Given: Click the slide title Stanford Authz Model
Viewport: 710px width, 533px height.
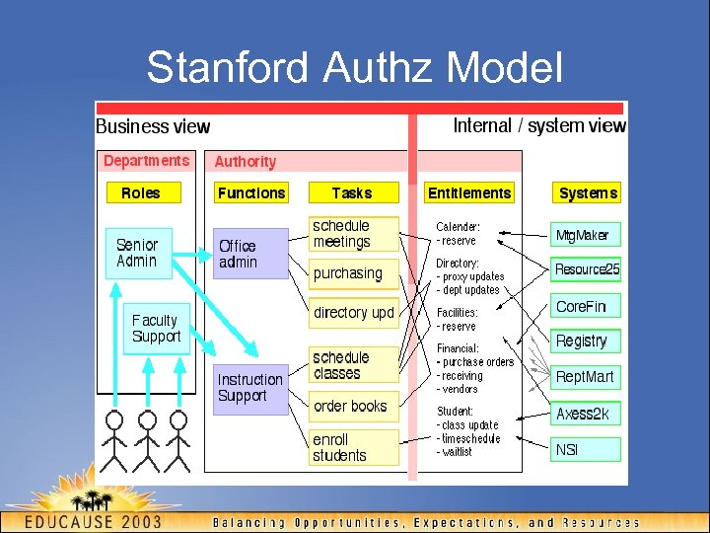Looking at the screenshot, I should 355,68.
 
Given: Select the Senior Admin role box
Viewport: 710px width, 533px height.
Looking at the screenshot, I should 138,253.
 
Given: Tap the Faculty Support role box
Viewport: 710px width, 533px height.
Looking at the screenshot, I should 156,328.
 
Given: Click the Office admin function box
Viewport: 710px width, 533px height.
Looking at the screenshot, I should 250,254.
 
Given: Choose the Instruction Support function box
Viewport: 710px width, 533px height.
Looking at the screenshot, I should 250,387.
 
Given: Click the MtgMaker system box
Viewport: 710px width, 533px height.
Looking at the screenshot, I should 586,235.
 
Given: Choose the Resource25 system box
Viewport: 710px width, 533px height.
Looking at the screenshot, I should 587,269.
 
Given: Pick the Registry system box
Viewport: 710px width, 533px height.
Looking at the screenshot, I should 586,341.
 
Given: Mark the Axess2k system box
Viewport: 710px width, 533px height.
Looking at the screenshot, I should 586,414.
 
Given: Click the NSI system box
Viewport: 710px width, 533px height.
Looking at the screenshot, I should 586,449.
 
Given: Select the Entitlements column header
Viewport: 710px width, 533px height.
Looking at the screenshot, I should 469,193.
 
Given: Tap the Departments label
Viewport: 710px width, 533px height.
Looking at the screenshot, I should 146,161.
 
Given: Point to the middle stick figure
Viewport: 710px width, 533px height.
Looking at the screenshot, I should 147,439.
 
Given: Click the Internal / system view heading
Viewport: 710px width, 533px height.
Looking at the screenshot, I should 539,125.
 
